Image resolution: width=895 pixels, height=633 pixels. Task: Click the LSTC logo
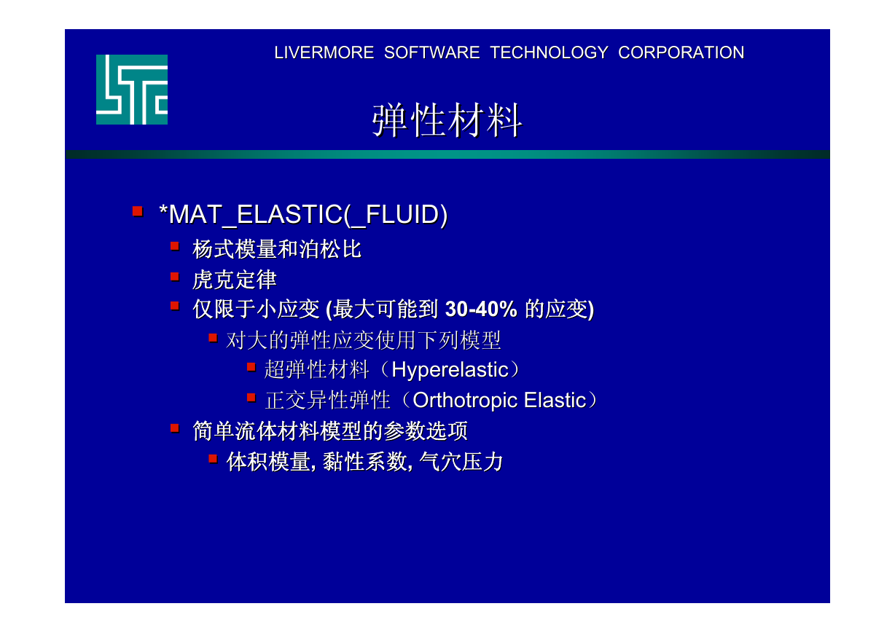[132, 90]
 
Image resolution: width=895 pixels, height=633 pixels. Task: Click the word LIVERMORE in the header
[324, 52]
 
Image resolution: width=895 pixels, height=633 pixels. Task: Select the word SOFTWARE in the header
[432, 52]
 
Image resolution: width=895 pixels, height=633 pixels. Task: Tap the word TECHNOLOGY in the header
[549, 52]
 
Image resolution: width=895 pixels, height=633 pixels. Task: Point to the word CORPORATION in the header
[681, 52]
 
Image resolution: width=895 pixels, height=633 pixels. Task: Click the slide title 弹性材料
[447, 120]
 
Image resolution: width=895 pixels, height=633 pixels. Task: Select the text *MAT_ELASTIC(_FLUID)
[303, 215]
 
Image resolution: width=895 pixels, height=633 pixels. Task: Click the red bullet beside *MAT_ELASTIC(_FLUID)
[138, 211]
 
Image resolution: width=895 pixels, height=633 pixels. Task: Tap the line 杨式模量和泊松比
[277, 249]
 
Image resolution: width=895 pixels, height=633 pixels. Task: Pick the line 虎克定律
[235, 280]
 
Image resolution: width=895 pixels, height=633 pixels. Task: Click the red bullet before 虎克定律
[175, 277]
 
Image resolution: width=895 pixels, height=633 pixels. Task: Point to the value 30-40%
[481, 309]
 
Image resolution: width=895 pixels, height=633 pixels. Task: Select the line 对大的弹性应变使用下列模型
[363, 340]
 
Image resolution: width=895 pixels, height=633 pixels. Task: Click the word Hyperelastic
[450, 370]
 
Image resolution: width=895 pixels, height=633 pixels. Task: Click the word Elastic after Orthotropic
[555, 400]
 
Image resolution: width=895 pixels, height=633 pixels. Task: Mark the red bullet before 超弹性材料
[251, 366]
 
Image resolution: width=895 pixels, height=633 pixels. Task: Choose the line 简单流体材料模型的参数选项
[330, 431]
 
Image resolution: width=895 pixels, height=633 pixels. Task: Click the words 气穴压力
[461, 462]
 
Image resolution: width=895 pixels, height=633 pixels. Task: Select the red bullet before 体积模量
[213, 459]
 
